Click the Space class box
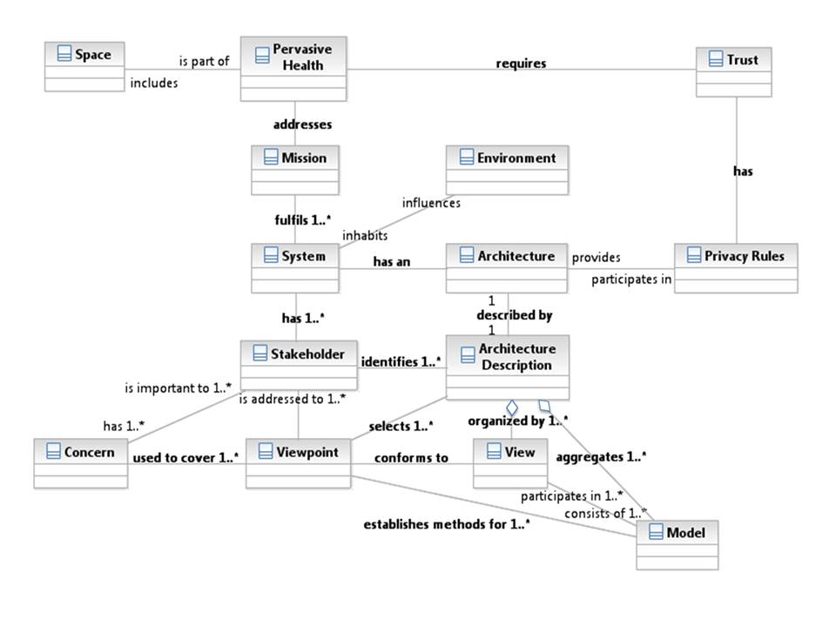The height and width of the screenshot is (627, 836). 84,65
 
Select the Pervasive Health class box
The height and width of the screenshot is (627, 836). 293,68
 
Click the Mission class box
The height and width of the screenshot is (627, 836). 294,170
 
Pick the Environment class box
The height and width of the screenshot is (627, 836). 507,170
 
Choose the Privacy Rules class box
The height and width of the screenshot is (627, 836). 735,267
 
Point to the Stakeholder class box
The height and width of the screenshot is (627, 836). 299,365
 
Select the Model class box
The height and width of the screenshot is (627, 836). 677,544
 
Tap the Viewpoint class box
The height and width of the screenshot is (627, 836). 298,463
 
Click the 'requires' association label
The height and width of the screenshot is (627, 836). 521,64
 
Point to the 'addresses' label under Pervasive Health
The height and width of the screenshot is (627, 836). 302,125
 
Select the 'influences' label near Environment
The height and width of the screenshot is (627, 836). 431,203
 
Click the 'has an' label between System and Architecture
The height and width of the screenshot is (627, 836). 392,260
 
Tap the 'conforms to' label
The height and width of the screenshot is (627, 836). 411,457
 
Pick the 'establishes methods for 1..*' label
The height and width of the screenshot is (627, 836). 448,525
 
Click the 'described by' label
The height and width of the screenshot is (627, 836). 514,315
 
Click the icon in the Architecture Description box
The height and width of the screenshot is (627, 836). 462,350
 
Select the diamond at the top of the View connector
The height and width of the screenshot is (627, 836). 512,408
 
